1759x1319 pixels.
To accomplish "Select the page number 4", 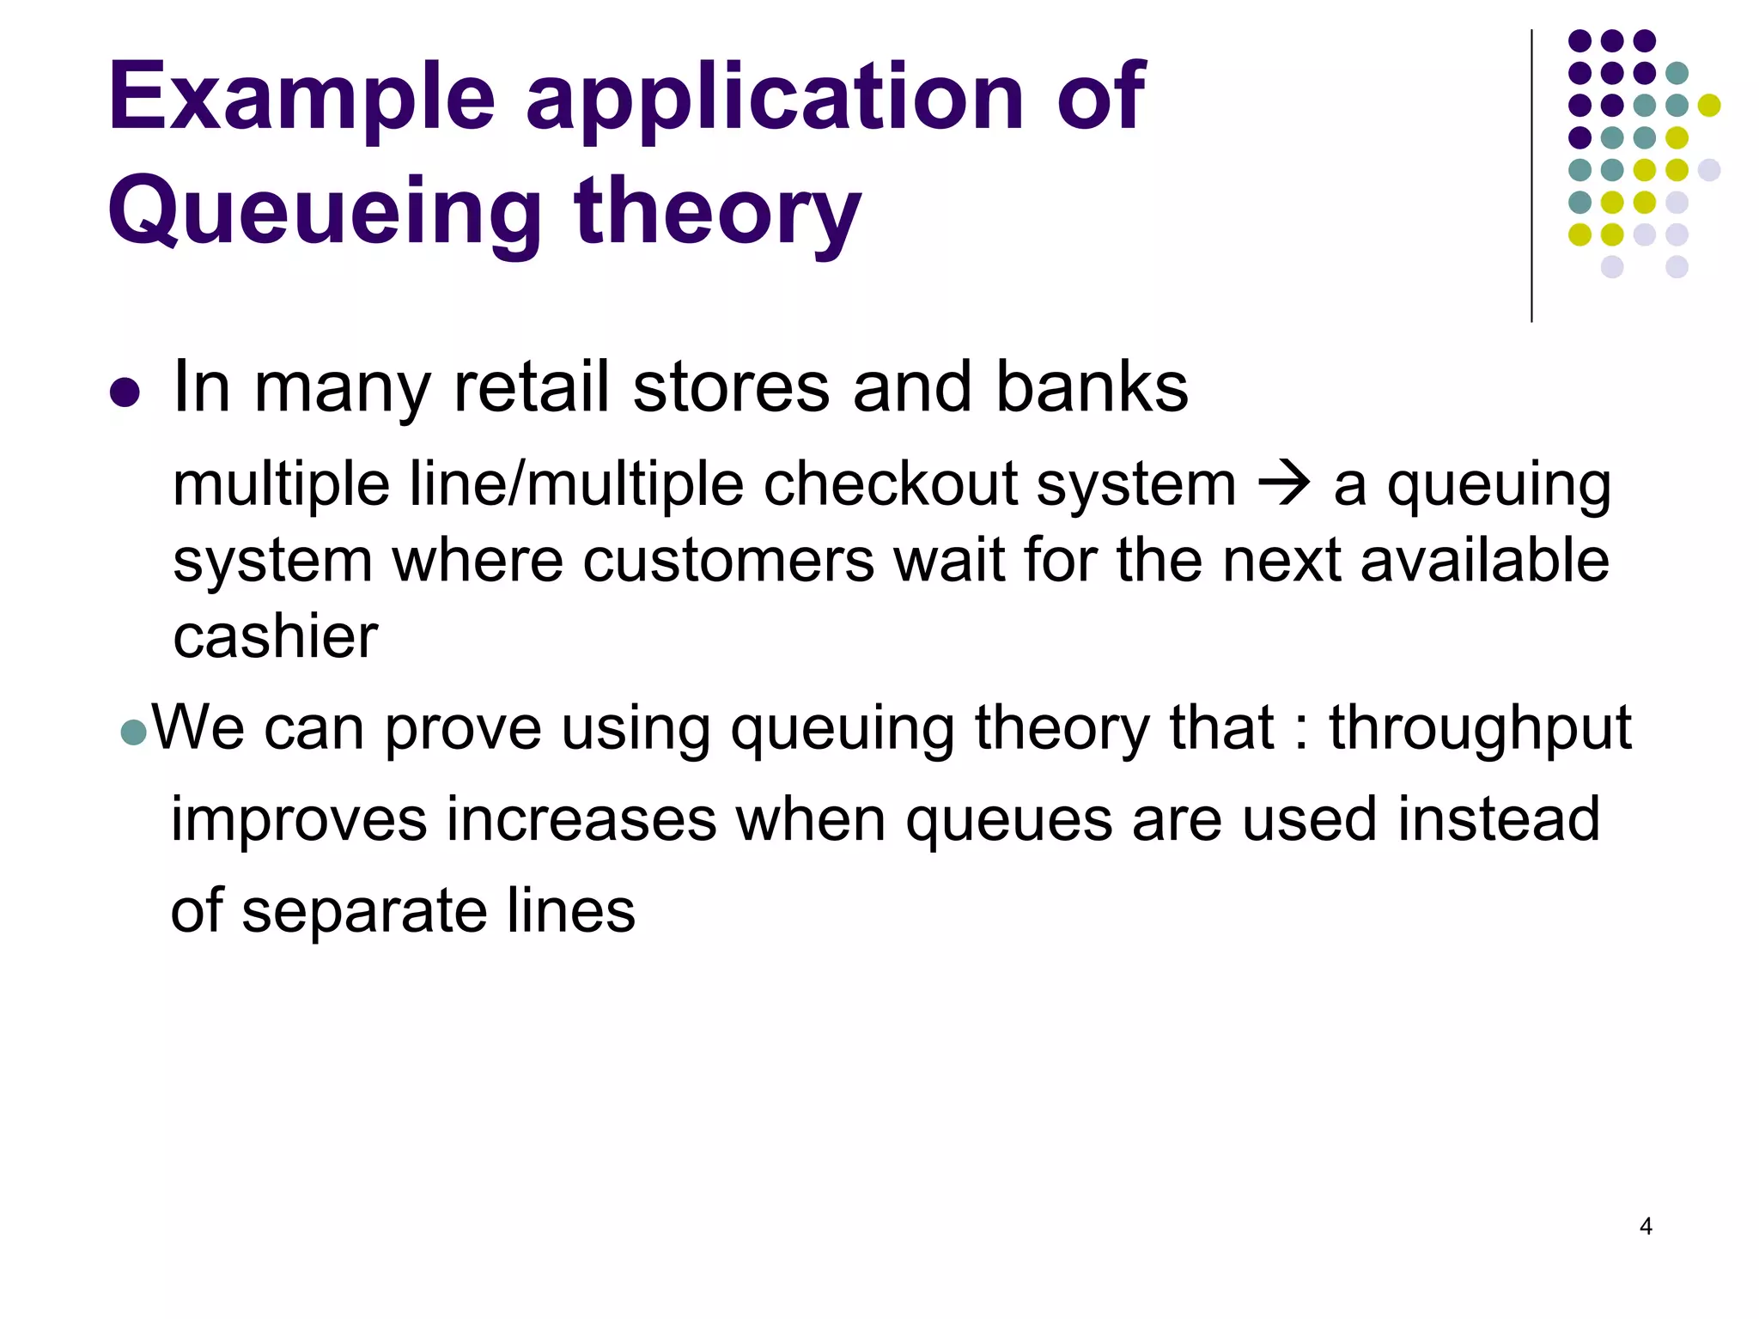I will coord(1646,1226).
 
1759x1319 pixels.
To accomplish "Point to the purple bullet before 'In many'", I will coord(125,392).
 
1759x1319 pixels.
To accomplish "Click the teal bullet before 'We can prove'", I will coord(134,732).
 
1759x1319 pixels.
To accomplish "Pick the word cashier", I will coord(275,636).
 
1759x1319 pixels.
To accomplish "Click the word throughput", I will coord(1480,728).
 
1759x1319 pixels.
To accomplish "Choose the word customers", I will coord(729,561).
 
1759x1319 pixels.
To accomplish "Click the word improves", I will coord(298,819).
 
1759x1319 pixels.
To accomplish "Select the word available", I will coord(1484,561).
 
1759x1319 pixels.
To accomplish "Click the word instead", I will coord(1498,819).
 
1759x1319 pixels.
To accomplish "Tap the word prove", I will coord(462,728).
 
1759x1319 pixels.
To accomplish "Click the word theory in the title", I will coord(716,211).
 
